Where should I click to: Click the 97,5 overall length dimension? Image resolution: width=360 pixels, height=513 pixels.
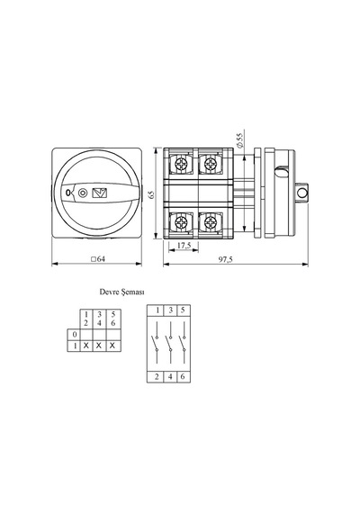tap(226, 259)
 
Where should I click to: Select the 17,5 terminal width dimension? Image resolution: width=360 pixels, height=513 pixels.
tap(184, 246)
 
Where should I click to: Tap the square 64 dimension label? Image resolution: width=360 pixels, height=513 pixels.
tap(98, 259)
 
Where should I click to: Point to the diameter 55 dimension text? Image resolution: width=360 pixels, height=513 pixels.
tap(240, 141)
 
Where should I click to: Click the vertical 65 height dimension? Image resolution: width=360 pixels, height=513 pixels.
tap(151, 194)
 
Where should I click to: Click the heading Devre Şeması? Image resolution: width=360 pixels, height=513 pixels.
tap(121, 292)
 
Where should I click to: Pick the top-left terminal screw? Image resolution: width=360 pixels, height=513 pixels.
tap(181, 164)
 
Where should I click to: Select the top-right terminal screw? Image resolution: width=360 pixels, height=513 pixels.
tap(211, 163)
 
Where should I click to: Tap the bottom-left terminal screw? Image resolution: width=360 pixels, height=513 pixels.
tap(181, 223)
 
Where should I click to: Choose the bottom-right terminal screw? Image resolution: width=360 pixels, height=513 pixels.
tap(211, 223)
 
